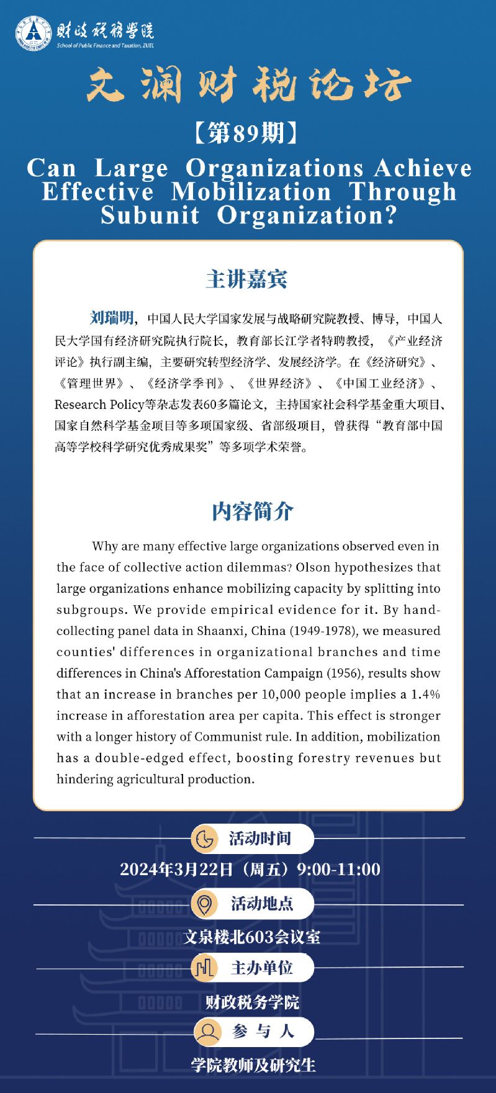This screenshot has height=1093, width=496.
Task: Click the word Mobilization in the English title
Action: click(251, 192)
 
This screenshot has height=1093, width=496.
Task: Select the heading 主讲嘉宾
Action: click(247, 279)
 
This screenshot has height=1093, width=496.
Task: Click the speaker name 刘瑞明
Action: click(111, 318)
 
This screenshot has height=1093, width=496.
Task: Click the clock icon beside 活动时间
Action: click(204, 839)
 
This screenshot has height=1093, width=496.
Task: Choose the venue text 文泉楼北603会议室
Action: click(251, 937)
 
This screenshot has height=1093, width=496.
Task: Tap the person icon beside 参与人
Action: click(207, 1032)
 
